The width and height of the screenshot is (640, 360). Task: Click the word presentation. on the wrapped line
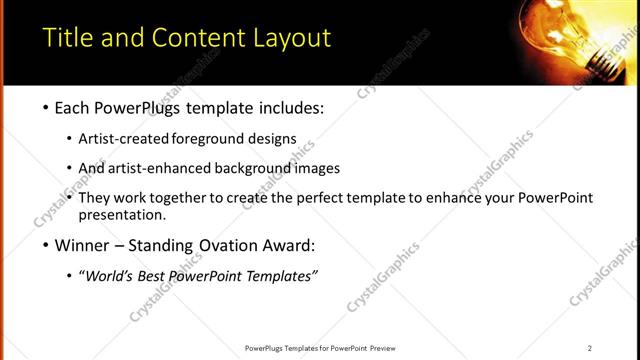point(121,215)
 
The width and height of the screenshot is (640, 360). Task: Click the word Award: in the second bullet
point(288,245)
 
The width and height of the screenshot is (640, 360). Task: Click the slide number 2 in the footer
point(590,348)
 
